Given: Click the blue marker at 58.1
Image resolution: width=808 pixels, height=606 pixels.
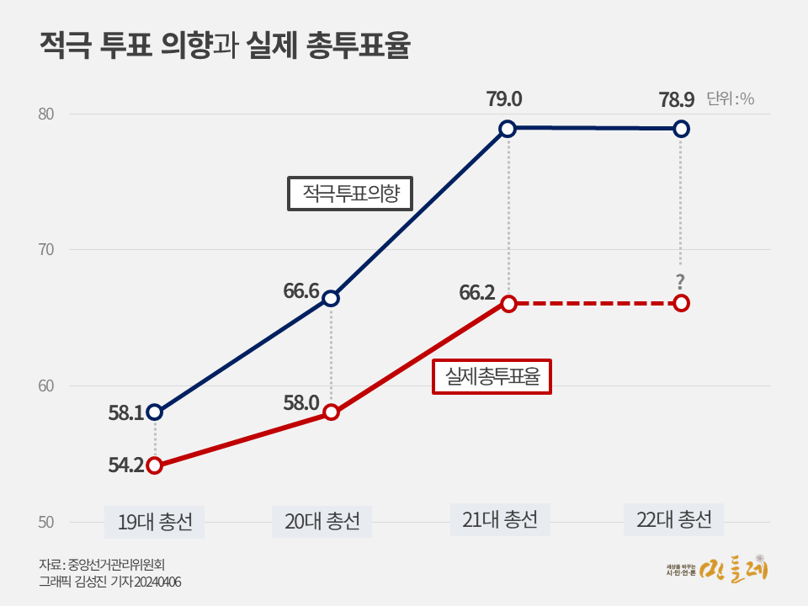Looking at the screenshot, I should (155, 412).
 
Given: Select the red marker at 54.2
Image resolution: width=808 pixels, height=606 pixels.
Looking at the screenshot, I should (155, 465).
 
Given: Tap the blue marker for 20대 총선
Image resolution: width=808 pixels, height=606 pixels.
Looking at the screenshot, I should (332, 298).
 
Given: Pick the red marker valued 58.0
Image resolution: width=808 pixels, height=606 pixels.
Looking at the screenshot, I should (332, 412).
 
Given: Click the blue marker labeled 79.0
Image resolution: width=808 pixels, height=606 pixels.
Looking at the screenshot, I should (508, 129).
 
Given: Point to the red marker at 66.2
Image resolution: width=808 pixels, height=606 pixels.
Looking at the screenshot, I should (508, 303).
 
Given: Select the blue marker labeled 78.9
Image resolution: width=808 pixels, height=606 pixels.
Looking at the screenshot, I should (682, 129).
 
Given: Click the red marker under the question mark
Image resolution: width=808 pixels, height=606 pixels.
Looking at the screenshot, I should (682, 303).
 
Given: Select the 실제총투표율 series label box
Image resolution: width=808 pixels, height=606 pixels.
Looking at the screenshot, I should (492, 376).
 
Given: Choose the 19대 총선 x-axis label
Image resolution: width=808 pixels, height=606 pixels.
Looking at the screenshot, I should (155, 521).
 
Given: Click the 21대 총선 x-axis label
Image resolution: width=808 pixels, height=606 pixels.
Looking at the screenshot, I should (500, 519).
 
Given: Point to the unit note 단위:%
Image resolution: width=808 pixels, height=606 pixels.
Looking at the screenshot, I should (731, 98).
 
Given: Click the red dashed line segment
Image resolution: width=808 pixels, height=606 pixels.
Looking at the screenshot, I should (595, 303).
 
